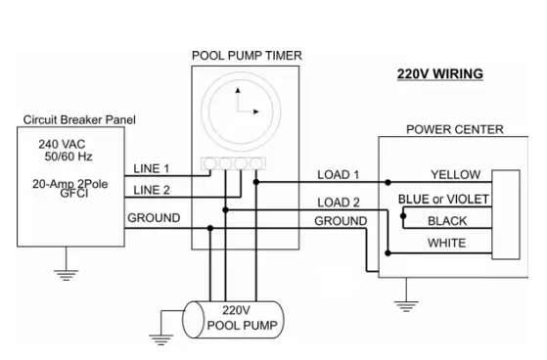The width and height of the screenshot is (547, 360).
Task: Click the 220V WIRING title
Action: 439,73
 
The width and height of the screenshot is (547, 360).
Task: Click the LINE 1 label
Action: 152,168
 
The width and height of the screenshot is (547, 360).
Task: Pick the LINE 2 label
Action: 152,189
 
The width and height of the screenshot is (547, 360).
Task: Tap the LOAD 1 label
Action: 339,175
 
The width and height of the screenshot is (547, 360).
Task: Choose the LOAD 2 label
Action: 339,202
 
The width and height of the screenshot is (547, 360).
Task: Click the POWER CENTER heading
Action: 454,129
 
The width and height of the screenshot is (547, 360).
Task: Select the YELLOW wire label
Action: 455,175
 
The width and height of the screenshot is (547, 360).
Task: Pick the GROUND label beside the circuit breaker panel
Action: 154,217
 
